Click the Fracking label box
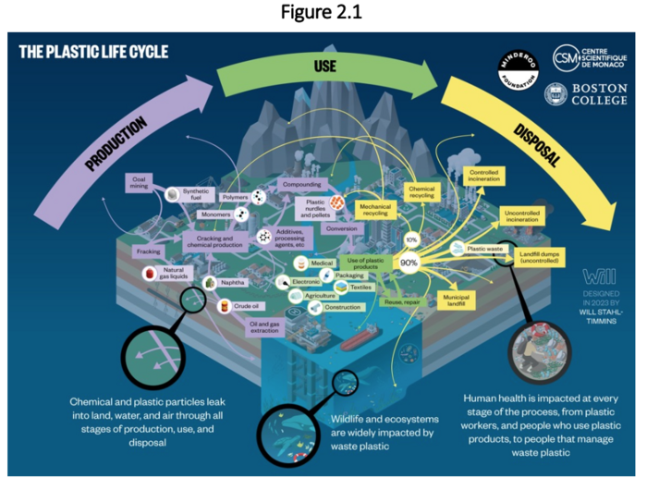pyautogui.click(x=149, y=251)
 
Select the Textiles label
pyautogui.click(x=360, y=287)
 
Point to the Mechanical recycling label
pyautogui.click(x=374, y=211)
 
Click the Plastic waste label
pyautogui.click(x=483, y=249)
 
